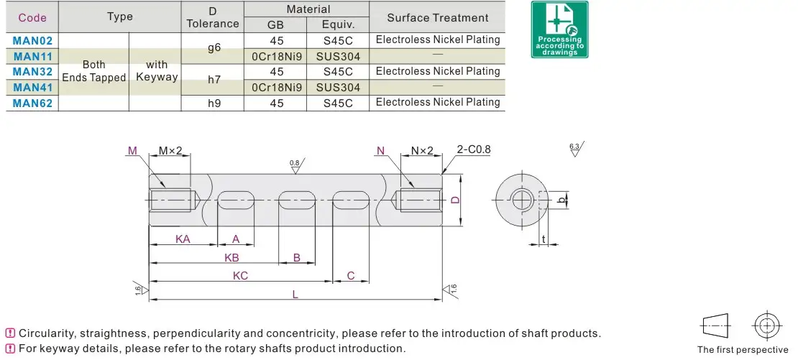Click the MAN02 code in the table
[x=32, y=40]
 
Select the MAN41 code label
[x=32, y=87]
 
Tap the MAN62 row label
[x=32, y=103]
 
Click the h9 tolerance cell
[x=214, y=103]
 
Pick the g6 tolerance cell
[x=214, y=48]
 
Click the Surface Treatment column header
[x=437, y=18]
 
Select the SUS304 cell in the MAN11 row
[x=337, y=56]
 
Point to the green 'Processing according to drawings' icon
[x=559, y=29]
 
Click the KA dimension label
[x=183, y=239]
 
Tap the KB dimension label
[x=231, y=257]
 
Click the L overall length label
[x=295, y=294]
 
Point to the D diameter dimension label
[x=454, y=200]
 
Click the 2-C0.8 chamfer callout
[x=473, y=150]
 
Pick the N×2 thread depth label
[x=422, y=151]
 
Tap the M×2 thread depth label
[x=170, y=151]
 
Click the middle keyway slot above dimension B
[x=297, y=200]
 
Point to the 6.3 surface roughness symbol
[x=574, y=149]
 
